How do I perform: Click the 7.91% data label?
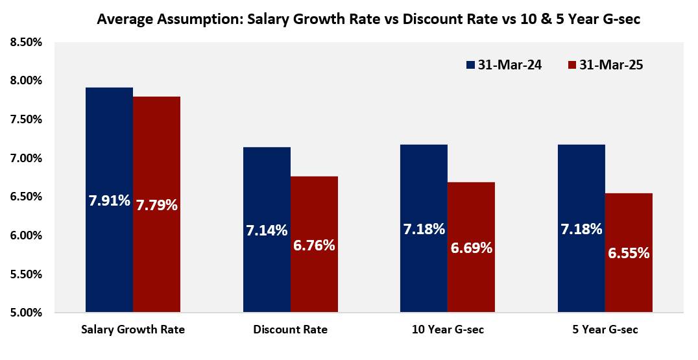[109, 200]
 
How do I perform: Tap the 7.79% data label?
[156, 205]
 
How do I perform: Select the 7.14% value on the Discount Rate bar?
[267, 230]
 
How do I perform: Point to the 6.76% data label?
[314, 245]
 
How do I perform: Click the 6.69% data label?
[471, 248]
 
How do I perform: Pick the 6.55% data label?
[629, 253]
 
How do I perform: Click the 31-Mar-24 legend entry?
[504, 65]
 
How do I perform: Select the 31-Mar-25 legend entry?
[605, 65]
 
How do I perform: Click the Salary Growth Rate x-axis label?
[133, 330]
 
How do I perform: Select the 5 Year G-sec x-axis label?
[605, 330]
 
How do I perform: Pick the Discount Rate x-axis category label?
[290, 330]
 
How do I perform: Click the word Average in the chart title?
[123, 19]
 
